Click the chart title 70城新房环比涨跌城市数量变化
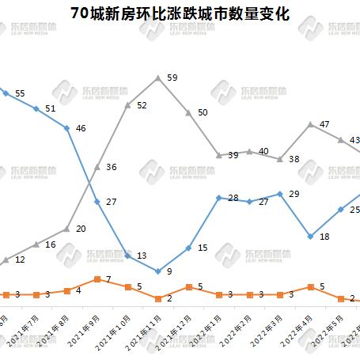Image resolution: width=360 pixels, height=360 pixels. pyautogui.click(x=180, y=14)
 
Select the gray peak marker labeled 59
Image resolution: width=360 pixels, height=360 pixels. pyautogui.click(x=158, y=78)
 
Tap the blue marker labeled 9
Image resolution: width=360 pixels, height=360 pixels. pyautogui.click(x=158, y=271)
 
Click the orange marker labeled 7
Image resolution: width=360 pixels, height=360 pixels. pyautogui.click(x=97, y=279)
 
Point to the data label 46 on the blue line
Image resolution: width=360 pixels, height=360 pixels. pyautogui.click(x=81, y=127)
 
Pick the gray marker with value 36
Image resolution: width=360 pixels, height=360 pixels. pyautogui.click(x=97, y=167)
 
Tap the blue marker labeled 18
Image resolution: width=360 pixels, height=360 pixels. pyautogui.click(x=311, y=237)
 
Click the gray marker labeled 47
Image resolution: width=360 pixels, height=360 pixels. pyautogui.click(x=311, y=124)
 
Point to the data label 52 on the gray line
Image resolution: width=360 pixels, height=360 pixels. pyautogui.click(x=142, y=104)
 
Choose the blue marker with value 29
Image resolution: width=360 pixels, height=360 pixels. pyautogui.click(x=281, y=194)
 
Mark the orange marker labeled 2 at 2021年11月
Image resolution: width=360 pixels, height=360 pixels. pyautogui.click(x=158, y=298)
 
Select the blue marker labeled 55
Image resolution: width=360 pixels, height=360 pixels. pyautogui.click(x=6, y=93)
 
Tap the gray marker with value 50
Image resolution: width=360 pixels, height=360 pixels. pyautogui.click(x=188, y=112)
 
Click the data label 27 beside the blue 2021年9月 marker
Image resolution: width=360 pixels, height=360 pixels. pyautogui.click(x=112, y=202)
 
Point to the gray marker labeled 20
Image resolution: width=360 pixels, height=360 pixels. pyautogui.click(x=66, y=229)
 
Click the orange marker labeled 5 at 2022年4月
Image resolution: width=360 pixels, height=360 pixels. pyautogui.click(x=311, y=286)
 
